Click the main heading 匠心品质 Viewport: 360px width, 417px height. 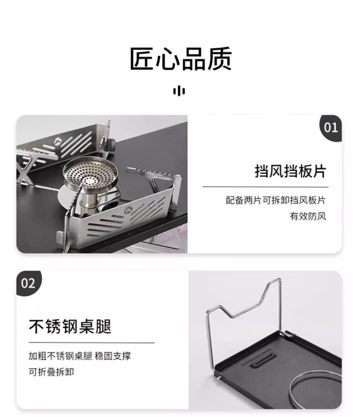coord(180,59)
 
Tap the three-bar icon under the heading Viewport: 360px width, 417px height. coord(179,91)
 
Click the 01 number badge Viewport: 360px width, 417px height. coord(331,128)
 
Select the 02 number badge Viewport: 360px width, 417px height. coord(28,283)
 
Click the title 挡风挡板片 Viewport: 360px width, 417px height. coord(290,171)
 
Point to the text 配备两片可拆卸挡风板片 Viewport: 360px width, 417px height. coord(276,200)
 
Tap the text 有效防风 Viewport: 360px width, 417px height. coord(308,216)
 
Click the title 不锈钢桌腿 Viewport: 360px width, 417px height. coord(70,326)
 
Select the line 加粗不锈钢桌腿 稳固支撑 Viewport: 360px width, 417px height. coord(80,356)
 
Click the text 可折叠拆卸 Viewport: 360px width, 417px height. coord(51,372)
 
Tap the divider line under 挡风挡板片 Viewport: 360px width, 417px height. coord(265,187)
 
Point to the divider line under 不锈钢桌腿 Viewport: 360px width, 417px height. coord(92,343)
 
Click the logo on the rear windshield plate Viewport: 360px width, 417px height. coord(57,141)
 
